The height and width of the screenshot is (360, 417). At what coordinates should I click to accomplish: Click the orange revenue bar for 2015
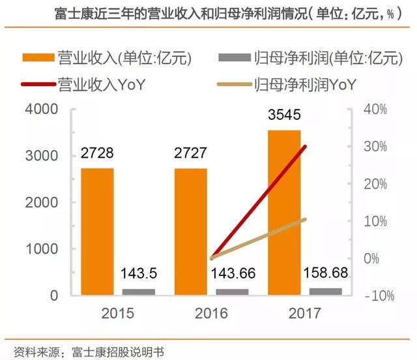(97, 232)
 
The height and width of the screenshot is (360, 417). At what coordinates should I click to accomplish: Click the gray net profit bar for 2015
(139, 292)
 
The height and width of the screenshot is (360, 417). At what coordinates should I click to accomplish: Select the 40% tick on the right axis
(377, 109)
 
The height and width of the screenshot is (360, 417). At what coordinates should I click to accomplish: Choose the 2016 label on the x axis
(211, 314)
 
